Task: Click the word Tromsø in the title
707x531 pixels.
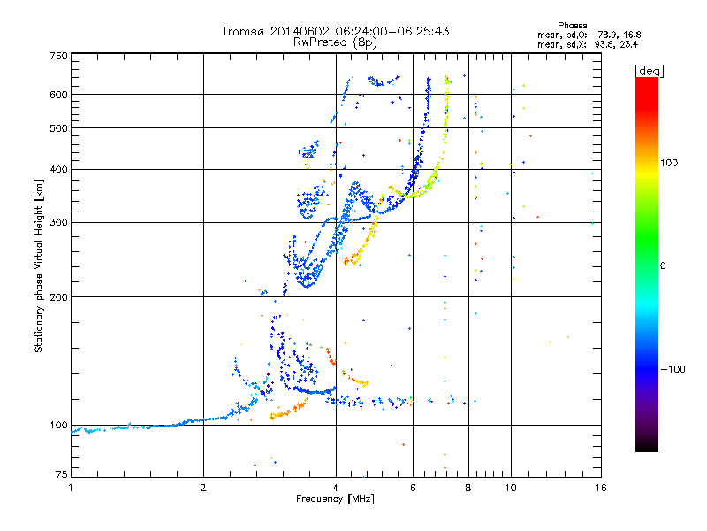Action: [242, 31]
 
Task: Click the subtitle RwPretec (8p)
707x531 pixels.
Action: [335, 42]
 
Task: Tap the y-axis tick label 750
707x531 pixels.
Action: [58, 56]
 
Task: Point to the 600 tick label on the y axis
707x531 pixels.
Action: [58, 95]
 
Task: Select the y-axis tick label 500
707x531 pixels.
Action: [58, 128]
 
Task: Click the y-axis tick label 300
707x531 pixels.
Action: [58, 222]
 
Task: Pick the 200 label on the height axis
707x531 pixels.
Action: [58, 297]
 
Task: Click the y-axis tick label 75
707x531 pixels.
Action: [61, 474]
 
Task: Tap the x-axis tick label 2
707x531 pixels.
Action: [203, 488]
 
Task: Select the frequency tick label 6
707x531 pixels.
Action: [413, 488]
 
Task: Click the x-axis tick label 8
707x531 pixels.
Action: [468, 488]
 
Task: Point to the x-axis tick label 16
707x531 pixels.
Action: [601, 488]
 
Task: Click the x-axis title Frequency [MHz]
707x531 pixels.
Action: [335, 499]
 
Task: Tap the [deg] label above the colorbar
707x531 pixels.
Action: [649, 71]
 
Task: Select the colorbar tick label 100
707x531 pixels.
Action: [669, 163]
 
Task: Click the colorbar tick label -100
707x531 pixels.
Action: [673, 369]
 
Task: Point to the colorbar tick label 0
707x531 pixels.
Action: [663, 266]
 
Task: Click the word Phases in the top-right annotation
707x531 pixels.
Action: [572, 26]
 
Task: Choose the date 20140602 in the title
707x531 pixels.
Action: [300, 31]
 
